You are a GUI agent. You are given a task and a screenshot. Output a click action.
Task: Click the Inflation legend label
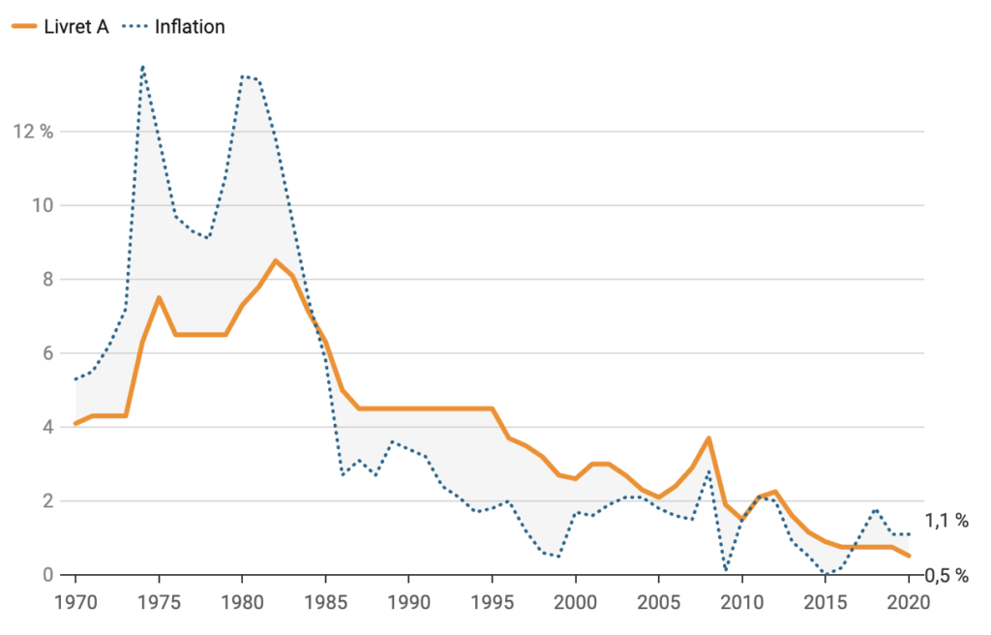[190, 26]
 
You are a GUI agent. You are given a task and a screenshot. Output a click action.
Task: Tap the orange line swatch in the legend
[24, 26]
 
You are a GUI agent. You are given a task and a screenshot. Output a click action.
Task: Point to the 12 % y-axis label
[32, 132]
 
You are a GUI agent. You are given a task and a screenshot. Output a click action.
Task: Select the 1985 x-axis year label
[325, 600]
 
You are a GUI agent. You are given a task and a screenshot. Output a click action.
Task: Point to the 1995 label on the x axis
[492, 600]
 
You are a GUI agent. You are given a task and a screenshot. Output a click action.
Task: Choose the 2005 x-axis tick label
[658, 600]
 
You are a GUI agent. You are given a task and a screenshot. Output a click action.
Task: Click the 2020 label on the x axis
[908, 600]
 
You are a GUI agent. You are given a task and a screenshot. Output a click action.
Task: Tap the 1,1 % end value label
[946, 521]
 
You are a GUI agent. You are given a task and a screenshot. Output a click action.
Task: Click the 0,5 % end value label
[946, 575]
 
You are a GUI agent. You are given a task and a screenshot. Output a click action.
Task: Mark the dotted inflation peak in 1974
[143, 67]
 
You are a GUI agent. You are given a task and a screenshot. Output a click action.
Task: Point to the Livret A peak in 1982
[276, 260]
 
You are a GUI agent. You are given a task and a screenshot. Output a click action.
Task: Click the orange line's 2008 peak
[708, 438]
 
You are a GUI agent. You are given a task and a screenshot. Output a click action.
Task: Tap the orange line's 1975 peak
[159, 297]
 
